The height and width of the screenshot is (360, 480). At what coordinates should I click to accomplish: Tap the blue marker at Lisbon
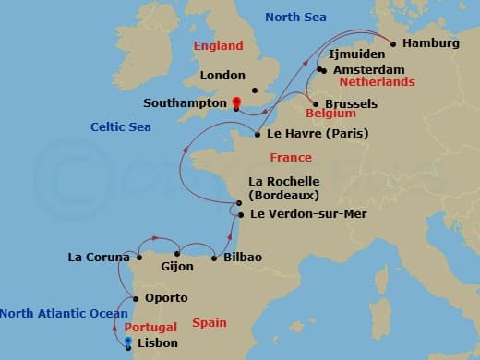point(127,342)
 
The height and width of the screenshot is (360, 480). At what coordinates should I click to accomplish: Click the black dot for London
point(254,89)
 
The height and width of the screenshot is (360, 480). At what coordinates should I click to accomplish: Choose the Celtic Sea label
point(121,126)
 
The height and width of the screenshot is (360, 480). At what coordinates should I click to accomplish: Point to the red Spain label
point(209,322)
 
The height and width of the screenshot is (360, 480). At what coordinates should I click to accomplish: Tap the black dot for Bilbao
point(214,257)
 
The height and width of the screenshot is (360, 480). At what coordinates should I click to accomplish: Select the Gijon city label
point(177,267)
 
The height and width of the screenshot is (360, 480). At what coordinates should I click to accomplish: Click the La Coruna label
point(99,257)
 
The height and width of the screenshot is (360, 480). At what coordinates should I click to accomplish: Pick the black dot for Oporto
point(137,298)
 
